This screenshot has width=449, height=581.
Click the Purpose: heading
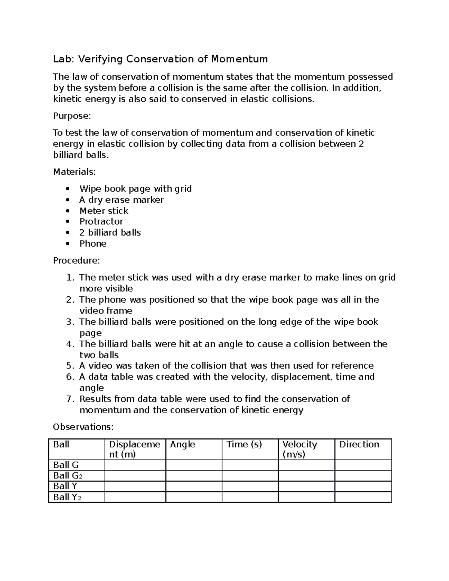point(72,116)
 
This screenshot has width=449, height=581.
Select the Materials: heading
point(74,172)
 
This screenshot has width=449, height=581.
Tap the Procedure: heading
point(76,260)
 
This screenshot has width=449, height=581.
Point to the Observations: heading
point(83,427)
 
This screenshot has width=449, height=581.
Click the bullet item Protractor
point(101,221)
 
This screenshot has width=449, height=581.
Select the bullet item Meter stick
point(104,211)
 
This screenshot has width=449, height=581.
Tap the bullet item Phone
point(93,244)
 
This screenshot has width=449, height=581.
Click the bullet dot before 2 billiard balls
point(67,233)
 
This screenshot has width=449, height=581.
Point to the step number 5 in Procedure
point(70,366)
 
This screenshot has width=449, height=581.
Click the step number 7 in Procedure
point(70,399)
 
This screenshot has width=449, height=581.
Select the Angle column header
point(183,444)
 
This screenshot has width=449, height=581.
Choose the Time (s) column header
point(244,444)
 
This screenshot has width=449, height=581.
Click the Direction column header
point(359,444)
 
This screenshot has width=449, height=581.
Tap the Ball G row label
point(66,465)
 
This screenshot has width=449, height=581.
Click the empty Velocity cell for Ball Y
point(306,486)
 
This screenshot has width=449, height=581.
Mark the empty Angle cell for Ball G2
point(193,475)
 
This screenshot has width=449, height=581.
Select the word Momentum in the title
point(239,59)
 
